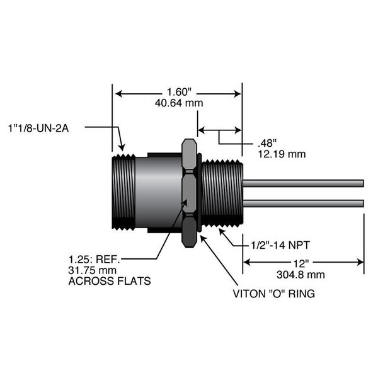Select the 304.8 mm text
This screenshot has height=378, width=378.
pyautogui.click(x=301, y=273)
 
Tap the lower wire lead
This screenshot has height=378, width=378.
pyautogui.click(x=302, y=203)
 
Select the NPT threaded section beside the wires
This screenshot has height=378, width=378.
pyautogui.click(x=222, y=192)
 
